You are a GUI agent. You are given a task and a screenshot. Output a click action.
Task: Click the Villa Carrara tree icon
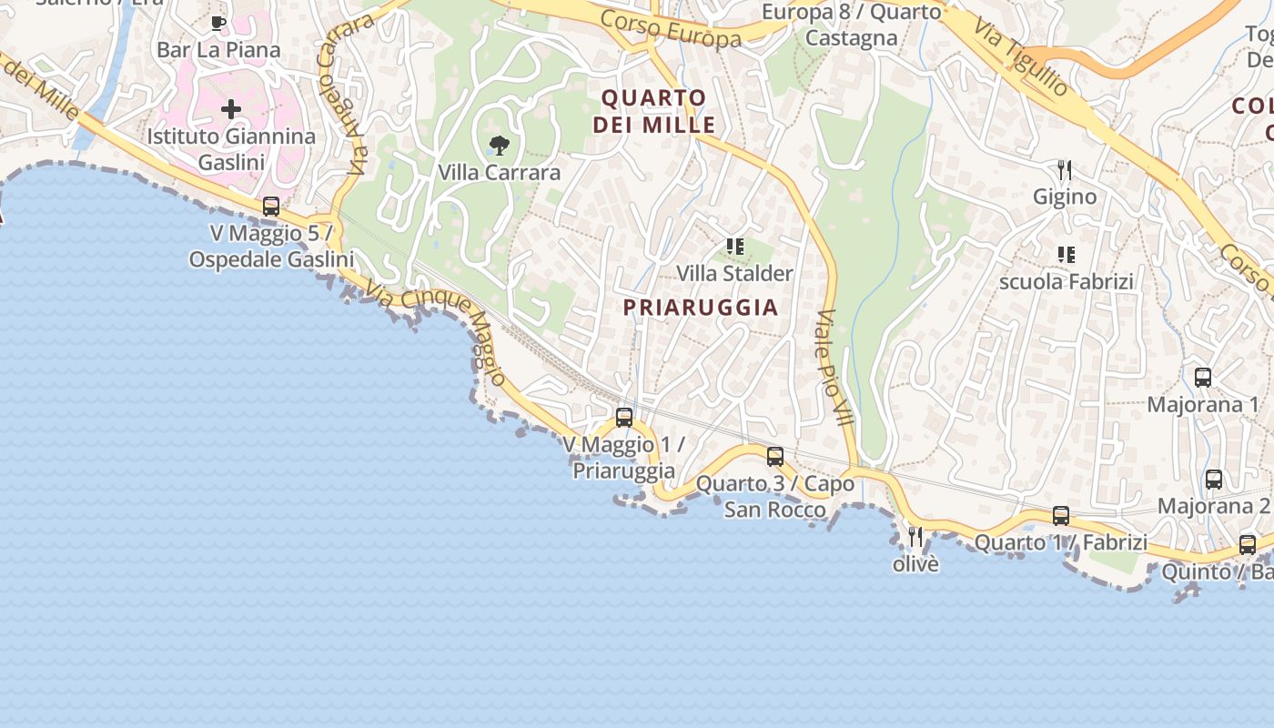(x=499, y=145)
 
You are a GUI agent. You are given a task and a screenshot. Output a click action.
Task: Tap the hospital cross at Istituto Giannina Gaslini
(x=231, y=109)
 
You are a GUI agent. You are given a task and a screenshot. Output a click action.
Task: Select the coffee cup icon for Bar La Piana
(x=217, y=23)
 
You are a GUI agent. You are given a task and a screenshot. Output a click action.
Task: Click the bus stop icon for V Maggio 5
(x=271, y=206)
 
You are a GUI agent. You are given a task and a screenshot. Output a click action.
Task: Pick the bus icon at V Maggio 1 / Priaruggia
(x=624, y=418)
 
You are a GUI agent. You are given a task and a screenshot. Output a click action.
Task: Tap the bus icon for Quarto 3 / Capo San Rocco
(x=775, y=457)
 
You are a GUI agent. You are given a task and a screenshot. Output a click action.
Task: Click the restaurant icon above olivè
(x=915, y=537)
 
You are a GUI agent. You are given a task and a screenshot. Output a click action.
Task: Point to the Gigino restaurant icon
(x=1064, y=169)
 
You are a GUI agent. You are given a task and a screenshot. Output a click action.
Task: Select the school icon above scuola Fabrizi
(x=1066, y=255)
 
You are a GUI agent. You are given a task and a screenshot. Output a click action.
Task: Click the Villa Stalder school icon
(x=735, y=246)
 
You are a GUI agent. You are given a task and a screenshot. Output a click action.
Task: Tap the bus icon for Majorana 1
(x=1203, y=377)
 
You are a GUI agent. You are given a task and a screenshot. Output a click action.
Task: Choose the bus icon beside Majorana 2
(x=1214, y=480)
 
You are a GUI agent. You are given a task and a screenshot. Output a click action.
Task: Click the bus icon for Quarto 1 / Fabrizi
(x=1061, y=516)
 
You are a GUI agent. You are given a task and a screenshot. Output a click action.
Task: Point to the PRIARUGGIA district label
(x=701, y=308)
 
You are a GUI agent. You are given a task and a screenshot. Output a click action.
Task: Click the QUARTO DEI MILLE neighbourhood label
(x=654, y=111)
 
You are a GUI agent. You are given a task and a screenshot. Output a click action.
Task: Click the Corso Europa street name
(x=672, y=30)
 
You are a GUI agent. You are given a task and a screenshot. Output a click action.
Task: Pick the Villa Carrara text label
(x=499, y=172)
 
